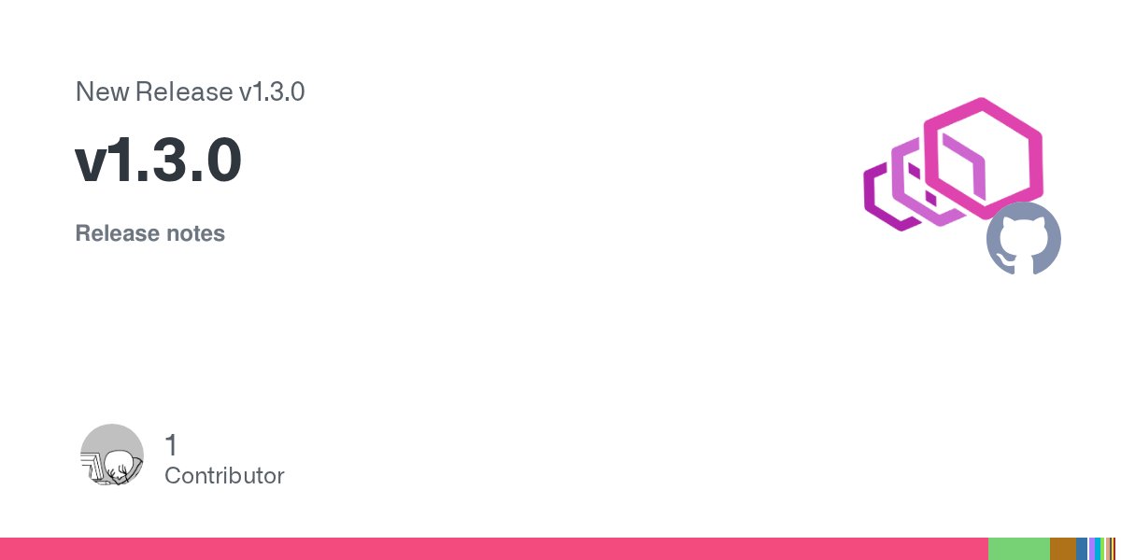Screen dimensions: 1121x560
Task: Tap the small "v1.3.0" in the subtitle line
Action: coord(271,92)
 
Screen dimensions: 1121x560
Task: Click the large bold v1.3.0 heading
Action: coord(159,161)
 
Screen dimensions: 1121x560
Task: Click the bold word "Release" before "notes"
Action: coord(117,233)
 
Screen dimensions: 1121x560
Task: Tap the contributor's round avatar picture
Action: coord(112,455)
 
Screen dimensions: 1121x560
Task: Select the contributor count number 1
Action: coord(171,444)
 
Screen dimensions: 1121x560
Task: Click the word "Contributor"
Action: coord(224,476)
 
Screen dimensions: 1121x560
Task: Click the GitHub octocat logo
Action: coord(1024,238)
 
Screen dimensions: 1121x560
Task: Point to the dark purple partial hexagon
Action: coord(878,201)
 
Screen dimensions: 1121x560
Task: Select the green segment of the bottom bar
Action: coord(1018,549)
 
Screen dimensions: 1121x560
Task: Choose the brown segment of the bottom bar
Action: coord(1062,549)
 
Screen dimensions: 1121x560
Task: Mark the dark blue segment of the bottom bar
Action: coord(1081,549)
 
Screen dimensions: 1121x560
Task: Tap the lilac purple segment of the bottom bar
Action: coord(1092,549)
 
